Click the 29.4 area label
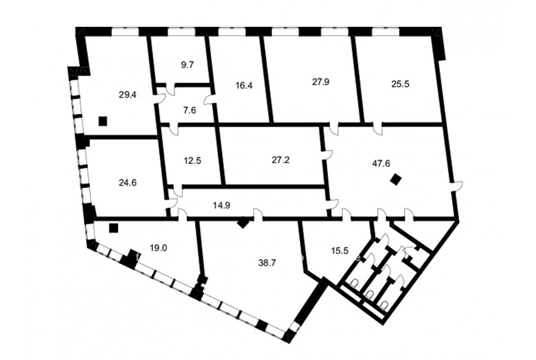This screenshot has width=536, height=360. (x=127, y=95)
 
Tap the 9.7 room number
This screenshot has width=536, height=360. (x=188, y=65)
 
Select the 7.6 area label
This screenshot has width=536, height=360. (x=189, y=110)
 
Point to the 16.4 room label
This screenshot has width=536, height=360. (x=244, y=85)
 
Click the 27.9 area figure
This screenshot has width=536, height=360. (x=320, y=82)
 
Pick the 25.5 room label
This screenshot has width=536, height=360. (x=400, y=84)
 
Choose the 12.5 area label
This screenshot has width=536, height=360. (x=192, y=160)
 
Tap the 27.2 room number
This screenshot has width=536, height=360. (x=281, y=160)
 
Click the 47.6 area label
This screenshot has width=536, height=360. (x=381, y=163)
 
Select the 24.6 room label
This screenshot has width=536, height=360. (x=127, y=183)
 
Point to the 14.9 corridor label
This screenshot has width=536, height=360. (x=222, y=205)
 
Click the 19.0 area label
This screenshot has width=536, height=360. (x=158, y=248)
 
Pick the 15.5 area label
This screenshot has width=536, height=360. (x=339, y=251)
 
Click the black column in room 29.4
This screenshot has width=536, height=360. (x=102, y=121)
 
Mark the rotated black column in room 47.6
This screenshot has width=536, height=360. (x=397, y=179)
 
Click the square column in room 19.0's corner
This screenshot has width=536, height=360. (x=114, y=228)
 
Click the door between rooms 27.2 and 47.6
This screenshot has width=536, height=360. (x=327, y=154)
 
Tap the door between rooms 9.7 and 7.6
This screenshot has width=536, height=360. (x=170, y=89)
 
